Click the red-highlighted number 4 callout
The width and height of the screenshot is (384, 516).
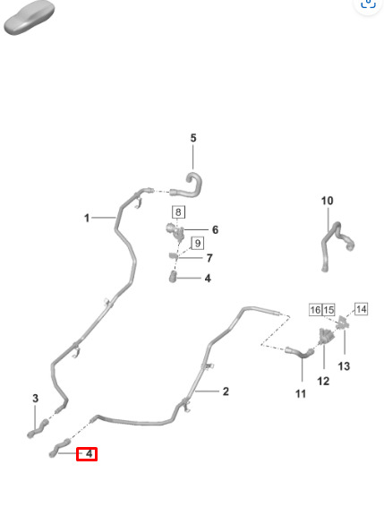87,454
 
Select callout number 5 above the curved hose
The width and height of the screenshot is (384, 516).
193,138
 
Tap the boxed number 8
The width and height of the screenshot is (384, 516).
178,212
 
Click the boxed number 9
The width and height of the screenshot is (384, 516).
197,243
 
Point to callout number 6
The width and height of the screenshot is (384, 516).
215,229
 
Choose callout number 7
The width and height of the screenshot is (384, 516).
209,258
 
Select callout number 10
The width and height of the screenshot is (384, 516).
327,201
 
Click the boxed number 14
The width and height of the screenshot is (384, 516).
361,309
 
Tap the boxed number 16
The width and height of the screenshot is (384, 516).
315,310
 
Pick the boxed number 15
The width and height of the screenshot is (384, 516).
329,310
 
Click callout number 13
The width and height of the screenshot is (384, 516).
344,365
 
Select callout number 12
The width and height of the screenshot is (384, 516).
323,381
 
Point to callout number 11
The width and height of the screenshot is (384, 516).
301,393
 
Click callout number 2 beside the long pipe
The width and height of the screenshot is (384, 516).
226,391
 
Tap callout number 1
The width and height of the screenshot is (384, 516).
87,218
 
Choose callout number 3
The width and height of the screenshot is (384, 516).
36,399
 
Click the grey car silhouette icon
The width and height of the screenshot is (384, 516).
29,19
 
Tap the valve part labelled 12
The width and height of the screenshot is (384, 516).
326,336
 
